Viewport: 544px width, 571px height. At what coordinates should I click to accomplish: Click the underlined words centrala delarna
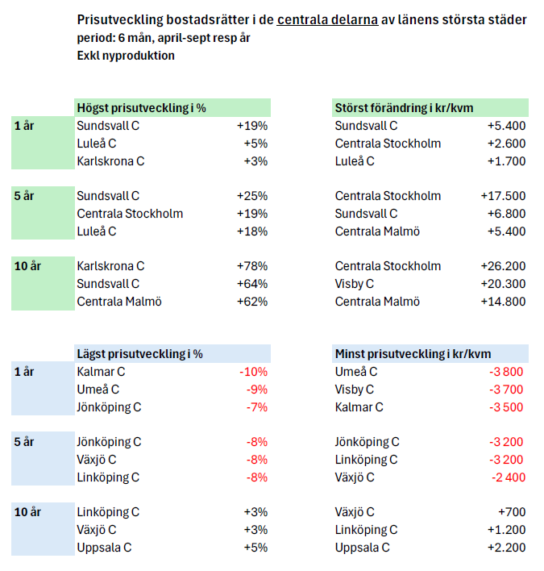tap(327, 19)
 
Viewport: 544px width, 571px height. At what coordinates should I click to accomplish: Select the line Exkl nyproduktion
tap(126, 56)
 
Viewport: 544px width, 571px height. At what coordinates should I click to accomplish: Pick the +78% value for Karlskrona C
tap(252, 266)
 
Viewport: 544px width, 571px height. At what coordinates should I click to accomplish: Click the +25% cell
tap(252, 196)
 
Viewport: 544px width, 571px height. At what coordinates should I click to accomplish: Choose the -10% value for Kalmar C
tap(253, 372)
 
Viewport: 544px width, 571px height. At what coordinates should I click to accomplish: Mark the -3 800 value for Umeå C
tap(508, 372)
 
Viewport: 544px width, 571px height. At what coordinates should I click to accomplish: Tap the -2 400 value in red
tap(508, 477)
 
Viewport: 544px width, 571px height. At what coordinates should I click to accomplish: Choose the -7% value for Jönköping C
tap(255, 406)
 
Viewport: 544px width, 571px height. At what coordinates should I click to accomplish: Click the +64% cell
tap(252, 284)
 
